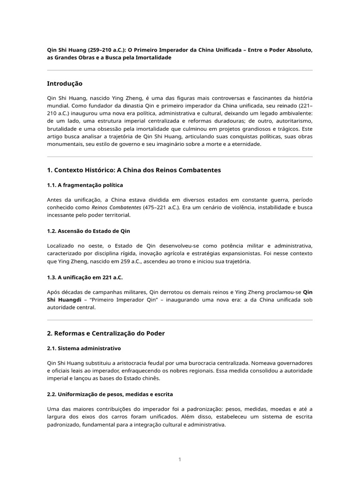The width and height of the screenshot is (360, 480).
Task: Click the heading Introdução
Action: point(65,83)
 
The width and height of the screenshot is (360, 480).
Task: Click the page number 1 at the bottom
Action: point(180,459)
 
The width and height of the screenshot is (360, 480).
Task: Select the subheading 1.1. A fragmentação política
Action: point(85,185)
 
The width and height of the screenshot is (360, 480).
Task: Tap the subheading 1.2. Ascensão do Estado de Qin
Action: point(89,231)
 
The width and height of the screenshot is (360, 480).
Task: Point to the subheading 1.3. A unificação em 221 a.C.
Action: point(85,277)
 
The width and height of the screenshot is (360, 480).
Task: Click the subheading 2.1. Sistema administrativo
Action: point(84,348)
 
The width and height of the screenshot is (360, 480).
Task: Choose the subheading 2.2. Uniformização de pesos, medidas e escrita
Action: point(110,394)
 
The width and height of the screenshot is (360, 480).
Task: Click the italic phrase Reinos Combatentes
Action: point(116,207)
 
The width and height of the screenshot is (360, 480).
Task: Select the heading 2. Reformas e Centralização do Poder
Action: point(106,333)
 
